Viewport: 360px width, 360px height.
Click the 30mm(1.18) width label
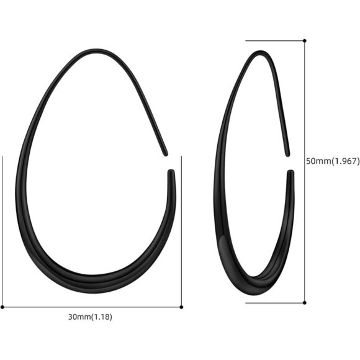tap(91, 317)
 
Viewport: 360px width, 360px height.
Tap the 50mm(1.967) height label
tap(333, 161)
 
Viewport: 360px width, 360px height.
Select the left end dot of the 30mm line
tap(2, 307)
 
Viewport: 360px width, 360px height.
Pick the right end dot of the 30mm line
tap(181, 307)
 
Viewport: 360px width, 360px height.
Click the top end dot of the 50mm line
tap(305, 41)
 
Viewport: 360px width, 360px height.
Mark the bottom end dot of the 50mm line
tap(305, 303)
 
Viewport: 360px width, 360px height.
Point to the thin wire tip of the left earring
tap(166, 152)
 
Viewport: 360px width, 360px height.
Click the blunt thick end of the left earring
tap(171, 173)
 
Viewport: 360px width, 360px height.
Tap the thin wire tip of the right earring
tap(288, 155)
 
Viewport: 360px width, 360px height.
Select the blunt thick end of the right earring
tap(290, 174)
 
